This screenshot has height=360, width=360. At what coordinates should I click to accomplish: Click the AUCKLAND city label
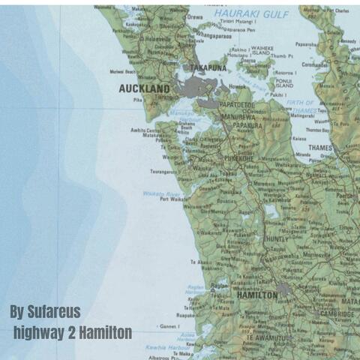tap(144, 88)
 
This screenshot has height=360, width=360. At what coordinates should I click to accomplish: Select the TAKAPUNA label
tap(207, 67)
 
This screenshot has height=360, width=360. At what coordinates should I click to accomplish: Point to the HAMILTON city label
tap(256, 295)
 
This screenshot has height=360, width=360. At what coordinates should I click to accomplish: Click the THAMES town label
tap(320, 148)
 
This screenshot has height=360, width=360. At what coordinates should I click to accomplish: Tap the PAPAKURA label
tap(247, 126)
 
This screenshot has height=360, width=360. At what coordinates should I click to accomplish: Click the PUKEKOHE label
tap(239, 158)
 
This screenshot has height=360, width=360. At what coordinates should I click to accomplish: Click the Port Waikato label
tap(174, 199)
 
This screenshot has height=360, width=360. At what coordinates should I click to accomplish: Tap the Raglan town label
tap(220, 286)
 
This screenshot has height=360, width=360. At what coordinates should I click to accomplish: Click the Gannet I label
tap(169, 327)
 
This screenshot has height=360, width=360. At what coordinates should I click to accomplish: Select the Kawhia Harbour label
tap(168, 347)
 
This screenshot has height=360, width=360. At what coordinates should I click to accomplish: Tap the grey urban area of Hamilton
tap(284, 287)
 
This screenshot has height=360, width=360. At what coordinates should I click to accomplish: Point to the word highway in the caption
tap(41, 331)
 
